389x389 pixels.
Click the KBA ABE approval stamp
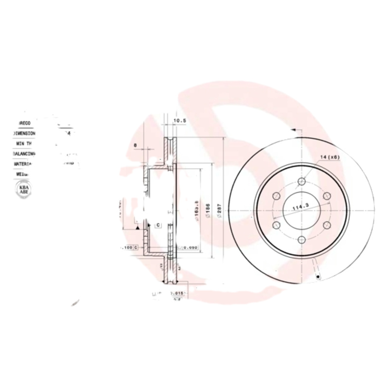(x=23, y=189)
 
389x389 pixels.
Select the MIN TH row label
(x=24, y=143)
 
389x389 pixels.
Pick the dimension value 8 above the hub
(x=135, y=145)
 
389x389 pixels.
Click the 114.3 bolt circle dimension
(x=301, y=208)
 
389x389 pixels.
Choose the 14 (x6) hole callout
(x=329, y=157)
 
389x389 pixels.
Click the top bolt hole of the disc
(x=301, y=182)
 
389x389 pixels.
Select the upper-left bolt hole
(x=277, y=196)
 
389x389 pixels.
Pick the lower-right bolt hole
(x=326, y=225)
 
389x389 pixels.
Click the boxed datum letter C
(x=158, y=225)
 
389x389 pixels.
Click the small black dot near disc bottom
(x=318, y=277)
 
